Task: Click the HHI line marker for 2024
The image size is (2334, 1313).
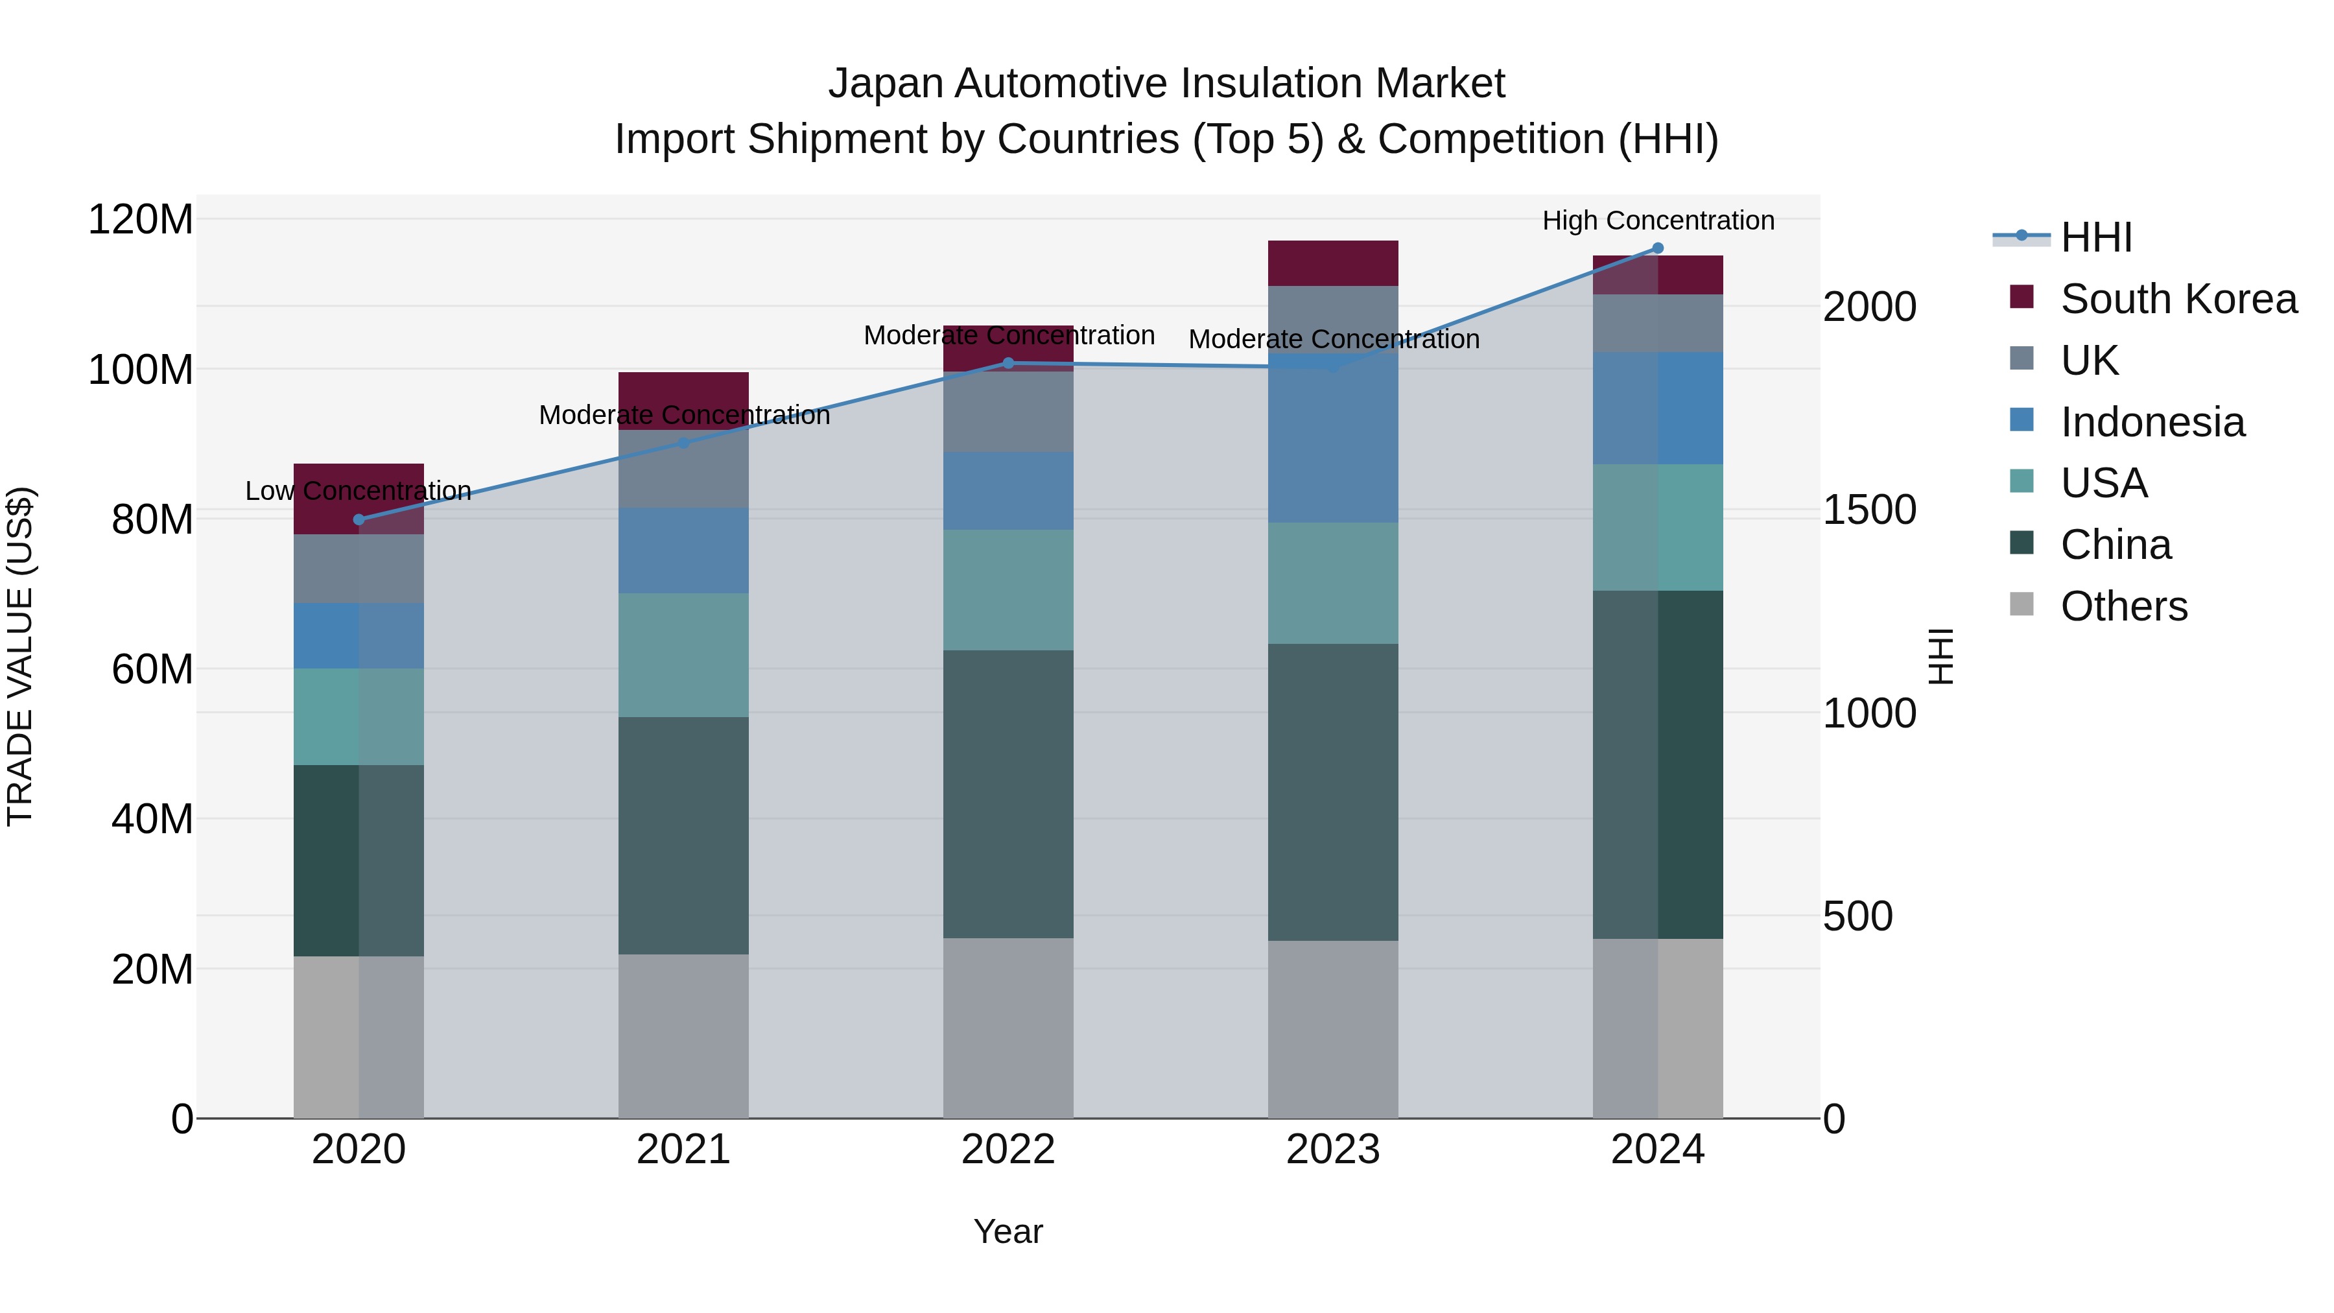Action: [1657, 248]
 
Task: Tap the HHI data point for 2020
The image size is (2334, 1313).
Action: [359, 519]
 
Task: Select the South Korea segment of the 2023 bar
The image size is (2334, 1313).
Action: [1333, 263]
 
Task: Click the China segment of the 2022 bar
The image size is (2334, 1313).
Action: [1008, 793]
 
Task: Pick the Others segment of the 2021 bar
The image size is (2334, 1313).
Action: [683, 1035]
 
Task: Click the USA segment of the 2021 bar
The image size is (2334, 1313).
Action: [683, 654]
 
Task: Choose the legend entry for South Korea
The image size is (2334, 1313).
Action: [2178, 299]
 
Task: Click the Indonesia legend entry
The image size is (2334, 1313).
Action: [2152, 422]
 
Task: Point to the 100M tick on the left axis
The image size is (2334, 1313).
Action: [141, 370]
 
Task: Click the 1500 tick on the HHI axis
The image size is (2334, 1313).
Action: [1869, 510]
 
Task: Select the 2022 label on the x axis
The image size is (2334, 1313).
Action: [1008, 1150]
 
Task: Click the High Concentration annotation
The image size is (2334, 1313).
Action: [1657, 220]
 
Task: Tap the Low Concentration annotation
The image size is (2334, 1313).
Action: [359, 491]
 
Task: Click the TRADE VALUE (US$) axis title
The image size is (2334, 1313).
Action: [20, 656]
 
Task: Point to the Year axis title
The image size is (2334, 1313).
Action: [1008, 1231]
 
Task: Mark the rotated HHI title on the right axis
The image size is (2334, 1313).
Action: [1940, 656]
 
